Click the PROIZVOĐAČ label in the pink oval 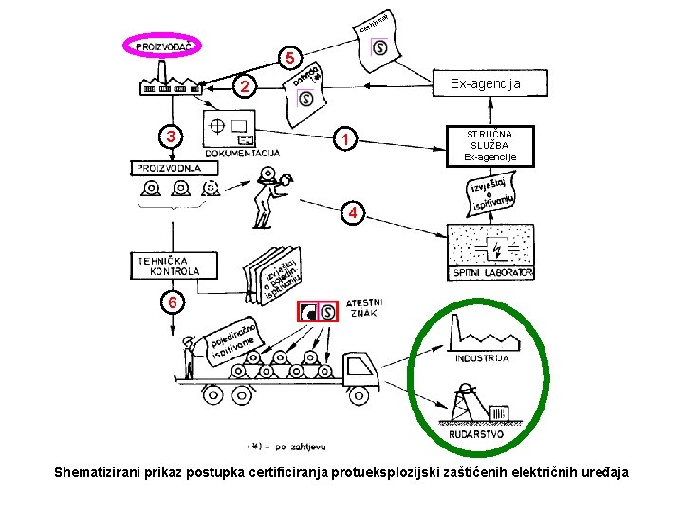pyautogui.click(x=164, y=46)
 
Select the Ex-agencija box pyautogui.click(x=485, y=84)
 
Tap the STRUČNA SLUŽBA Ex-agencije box pyautogui.click(x=490, y=146)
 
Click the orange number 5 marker pyautogui.click(x=291, y=59)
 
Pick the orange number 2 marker pyautogui.click(x=245, y=87)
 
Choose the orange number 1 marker pyautogui.click(x=348, y=141)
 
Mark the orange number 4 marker pyautogui.click(x=352, y=213)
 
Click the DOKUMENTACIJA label pyautogui.click(x=241, y=152)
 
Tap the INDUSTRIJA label pyautogui.click(x=482, y=357)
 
